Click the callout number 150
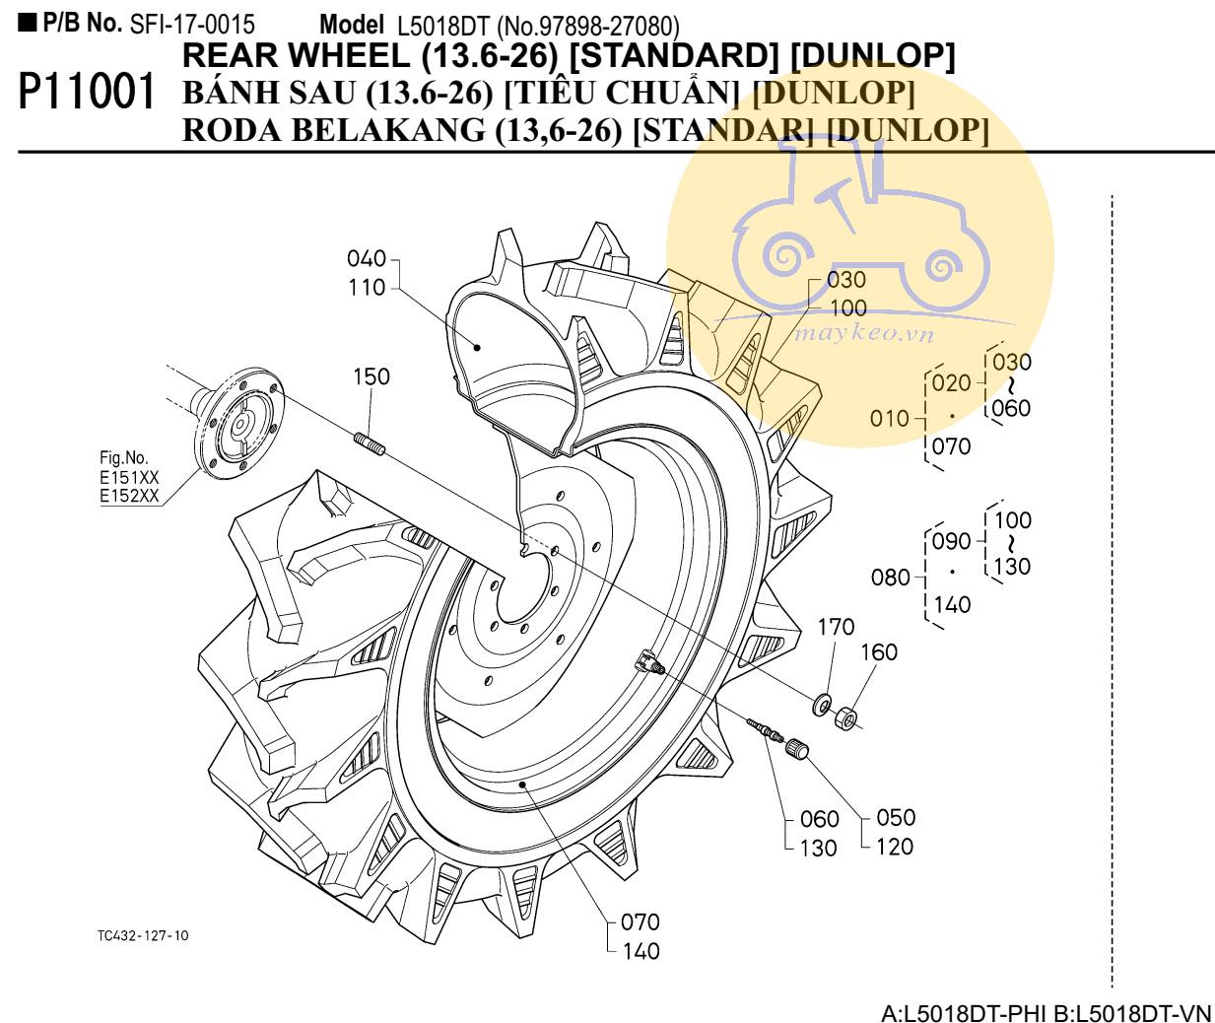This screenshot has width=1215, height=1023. [x=371, y=376]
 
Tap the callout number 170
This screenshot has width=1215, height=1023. [x=836, y=627]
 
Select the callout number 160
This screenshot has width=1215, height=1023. [x=879, y=652]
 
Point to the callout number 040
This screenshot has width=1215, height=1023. [x=366, y=259]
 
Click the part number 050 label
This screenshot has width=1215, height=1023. [x=896, y=818]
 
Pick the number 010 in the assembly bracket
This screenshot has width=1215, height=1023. [x=889, y=419]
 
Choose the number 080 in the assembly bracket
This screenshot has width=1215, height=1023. [x=890, y=578]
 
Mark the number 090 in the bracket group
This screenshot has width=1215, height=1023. [x=951, y=541]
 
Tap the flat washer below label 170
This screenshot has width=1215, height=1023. [x=821, y=706]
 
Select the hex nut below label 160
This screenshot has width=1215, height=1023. [x=846, y=718]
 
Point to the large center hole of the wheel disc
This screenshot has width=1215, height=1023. [x=529, y=587]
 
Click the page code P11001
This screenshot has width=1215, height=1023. [x=87, y=93]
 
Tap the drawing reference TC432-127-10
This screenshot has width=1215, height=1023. [x=143, y=935]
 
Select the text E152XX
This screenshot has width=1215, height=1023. [x=129, y=496]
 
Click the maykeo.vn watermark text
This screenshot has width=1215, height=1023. [x=863, y=333]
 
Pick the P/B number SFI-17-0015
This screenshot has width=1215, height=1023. [x=192, y=24]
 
